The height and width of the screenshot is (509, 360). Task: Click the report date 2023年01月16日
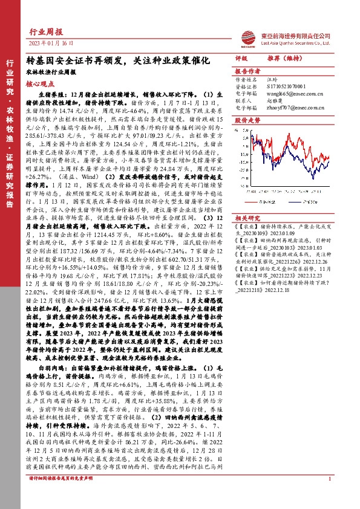pos(51,44)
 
